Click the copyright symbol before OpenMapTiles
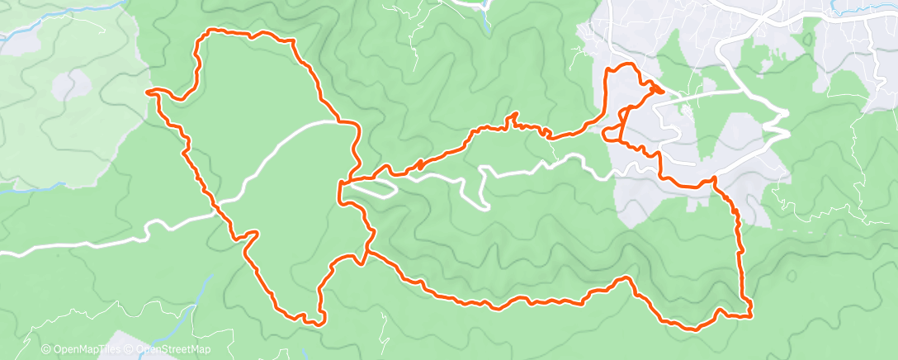point(45,350)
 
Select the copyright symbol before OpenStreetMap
point(130,350)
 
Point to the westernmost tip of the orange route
point(149,92)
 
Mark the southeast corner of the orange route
point(750,315)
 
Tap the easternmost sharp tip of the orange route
point(663,90)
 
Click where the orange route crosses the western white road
point(220,211)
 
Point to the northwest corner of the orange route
point(204,34)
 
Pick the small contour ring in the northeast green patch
point(825,37)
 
